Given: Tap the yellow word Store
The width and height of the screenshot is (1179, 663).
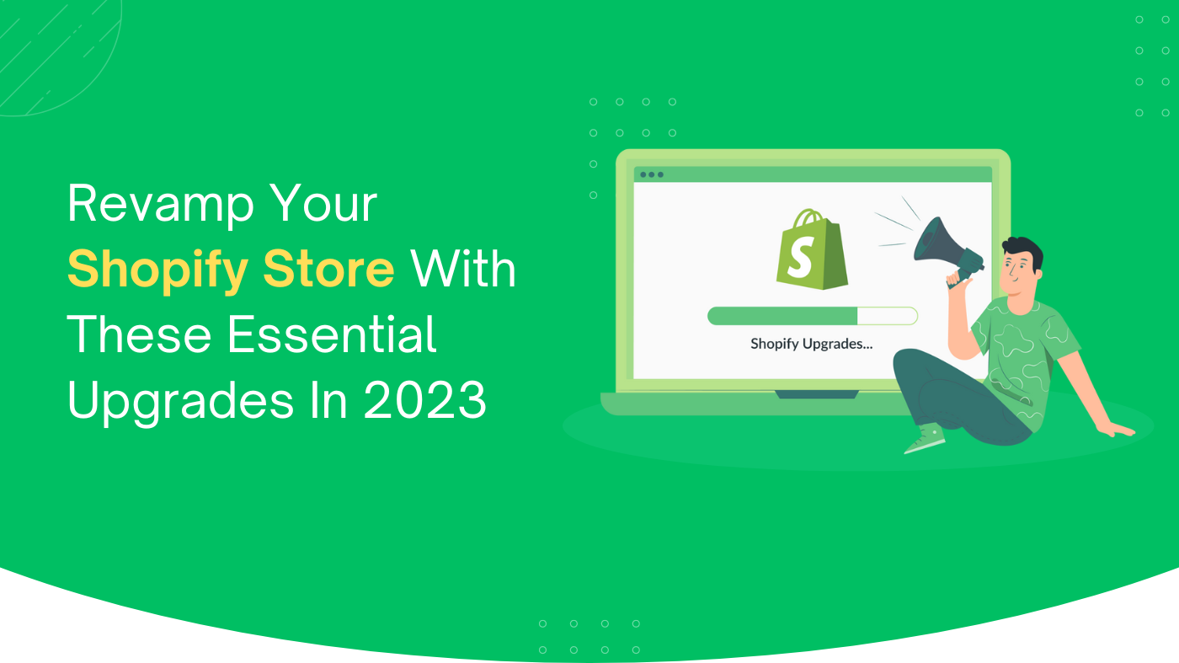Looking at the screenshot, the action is [328, 269].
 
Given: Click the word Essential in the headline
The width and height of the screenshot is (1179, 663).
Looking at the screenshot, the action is [332, 335].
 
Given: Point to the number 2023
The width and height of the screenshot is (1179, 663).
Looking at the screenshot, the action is [424, 401].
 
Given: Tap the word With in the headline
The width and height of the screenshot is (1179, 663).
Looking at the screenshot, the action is [463, 269].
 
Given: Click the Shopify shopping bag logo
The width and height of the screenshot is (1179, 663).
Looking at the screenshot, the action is [812, 249].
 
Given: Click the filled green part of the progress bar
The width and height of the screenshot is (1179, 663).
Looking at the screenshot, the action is [782, 316].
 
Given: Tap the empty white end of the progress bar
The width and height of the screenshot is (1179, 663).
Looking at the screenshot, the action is [888, 316].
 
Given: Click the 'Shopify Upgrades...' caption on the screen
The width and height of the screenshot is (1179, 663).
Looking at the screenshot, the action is [811, 345].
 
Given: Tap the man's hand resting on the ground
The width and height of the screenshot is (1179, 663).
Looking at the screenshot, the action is [1118, 430].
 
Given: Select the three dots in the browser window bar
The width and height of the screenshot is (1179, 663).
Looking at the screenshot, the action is [652, 175].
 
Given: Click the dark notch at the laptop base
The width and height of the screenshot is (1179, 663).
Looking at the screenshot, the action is [816, 394].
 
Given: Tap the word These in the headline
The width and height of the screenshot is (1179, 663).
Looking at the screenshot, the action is [140, 335].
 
